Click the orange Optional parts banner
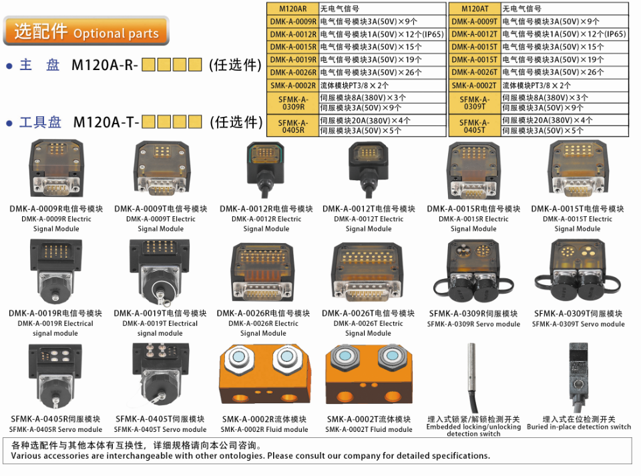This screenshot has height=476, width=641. pyautogui.click(x=86, y=31)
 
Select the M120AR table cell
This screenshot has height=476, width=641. pyautogui.click(x=292, y=9)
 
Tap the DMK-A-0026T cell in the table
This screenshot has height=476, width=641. pyautogui.click(x=474, y=72)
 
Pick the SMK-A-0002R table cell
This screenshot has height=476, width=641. pyautogui.click(x=292, y=85)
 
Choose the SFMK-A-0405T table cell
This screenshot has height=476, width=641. pyautogui.click(x=474, y=126)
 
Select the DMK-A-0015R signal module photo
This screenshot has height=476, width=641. pyautogui.click(x=473, y=171)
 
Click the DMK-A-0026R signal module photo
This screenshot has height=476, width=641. pyautogui.click(x=263, y=274)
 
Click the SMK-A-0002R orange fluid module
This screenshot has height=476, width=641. pyautogui.click(x=264, y=377)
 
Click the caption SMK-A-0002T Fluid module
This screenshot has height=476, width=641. pyautogui.click(x=369, y=425)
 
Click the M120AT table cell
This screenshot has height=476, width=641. pyautogui.click(x=474, y=9)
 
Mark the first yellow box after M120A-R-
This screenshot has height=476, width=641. pyautogui.click(x=148, y=65)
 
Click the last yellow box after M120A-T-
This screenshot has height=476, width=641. pyautogui.click(x=195, y=122)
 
